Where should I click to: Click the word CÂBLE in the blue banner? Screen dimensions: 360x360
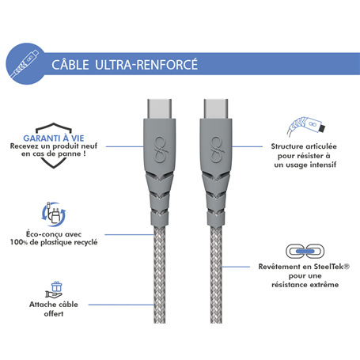(70, 65)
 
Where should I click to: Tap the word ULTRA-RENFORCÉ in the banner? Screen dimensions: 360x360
(146, 64)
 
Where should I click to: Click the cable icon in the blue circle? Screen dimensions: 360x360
(25, 64)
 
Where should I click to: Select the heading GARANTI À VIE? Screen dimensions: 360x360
(54, 138)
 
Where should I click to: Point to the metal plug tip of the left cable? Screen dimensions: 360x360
(159, 109)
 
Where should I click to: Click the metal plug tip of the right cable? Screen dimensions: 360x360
(216, 109)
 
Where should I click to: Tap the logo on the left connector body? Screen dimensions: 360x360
(160, 150)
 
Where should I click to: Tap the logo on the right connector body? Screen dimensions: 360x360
(216, 150)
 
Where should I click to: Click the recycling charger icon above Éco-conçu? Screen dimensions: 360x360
(54, 214)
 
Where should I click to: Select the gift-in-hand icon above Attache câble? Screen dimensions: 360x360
(54, 290)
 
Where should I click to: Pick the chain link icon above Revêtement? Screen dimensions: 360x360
(305, 251)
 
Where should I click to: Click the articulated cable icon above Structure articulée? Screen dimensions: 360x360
(306, 127)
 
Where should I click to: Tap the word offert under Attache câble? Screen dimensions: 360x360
(54, 314)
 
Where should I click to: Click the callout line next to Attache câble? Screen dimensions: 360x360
(121, 305)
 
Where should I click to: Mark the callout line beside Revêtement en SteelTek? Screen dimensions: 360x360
(236, 267)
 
